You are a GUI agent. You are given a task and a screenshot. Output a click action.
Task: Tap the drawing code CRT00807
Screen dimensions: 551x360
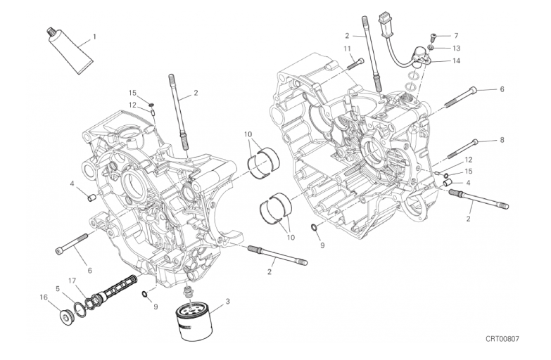tap(502, 339)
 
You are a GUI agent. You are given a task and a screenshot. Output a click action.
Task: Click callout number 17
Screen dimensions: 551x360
tap(72, 281)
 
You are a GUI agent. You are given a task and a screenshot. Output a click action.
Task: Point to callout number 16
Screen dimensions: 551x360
tap(43, 297)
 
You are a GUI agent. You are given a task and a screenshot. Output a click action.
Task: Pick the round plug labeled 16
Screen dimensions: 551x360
tap(66, 318)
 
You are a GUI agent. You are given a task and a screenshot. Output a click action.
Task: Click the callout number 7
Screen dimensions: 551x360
tap(456, 35)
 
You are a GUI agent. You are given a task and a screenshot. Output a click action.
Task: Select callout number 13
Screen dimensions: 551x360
tap(456, 48)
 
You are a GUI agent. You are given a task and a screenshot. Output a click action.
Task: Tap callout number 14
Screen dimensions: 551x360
tap(456, 60)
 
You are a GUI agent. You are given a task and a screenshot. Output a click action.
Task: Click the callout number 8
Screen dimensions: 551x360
tap(502, 140)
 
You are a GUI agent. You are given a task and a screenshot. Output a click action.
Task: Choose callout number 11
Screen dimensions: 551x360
tap(348, 49)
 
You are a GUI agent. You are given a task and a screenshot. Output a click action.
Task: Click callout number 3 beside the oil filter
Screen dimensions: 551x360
tap(228, 301)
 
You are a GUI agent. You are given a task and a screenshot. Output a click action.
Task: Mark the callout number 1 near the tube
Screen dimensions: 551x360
tap(94, 36)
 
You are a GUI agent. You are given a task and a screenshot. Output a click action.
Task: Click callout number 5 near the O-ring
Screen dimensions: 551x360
tap(58, 289)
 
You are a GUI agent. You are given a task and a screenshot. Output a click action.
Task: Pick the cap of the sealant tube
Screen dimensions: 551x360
tap(51, 33)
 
